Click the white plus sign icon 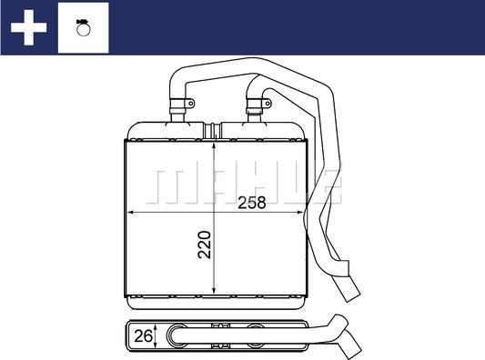coord(27,27)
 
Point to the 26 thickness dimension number coord(142,336)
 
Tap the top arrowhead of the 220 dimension coord(212,144)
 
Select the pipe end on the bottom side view coord(350,348)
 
